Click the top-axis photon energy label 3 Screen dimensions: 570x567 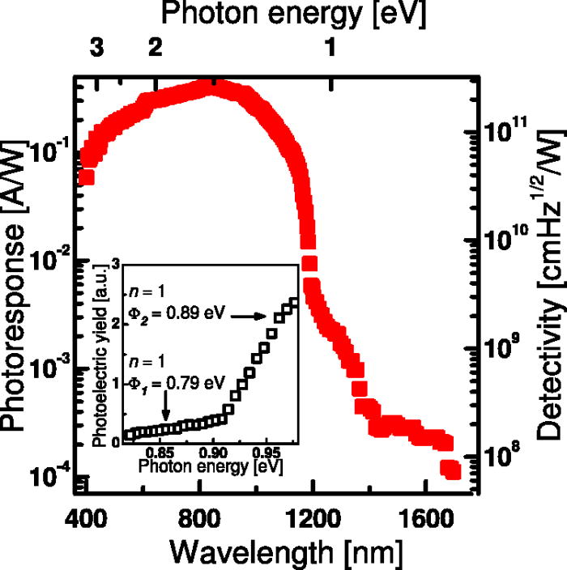tap(96, 49)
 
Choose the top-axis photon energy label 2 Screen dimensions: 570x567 tap(153, 49)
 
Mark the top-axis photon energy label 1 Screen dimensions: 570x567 tap(330, 49)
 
